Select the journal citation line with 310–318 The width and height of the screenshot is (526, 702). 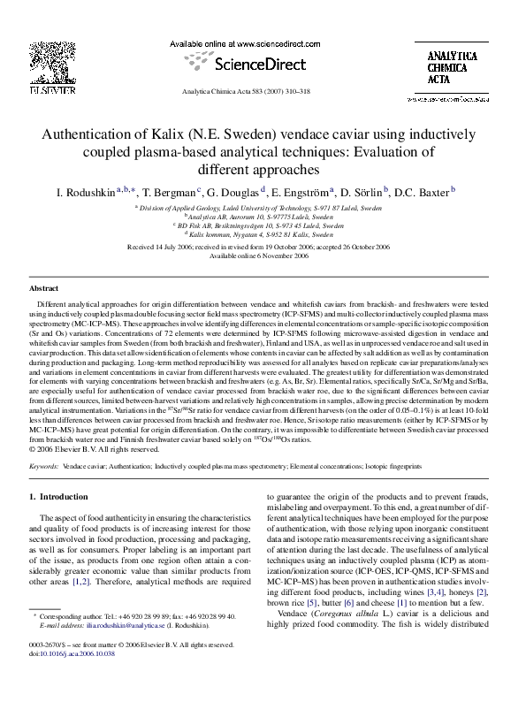263,90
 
